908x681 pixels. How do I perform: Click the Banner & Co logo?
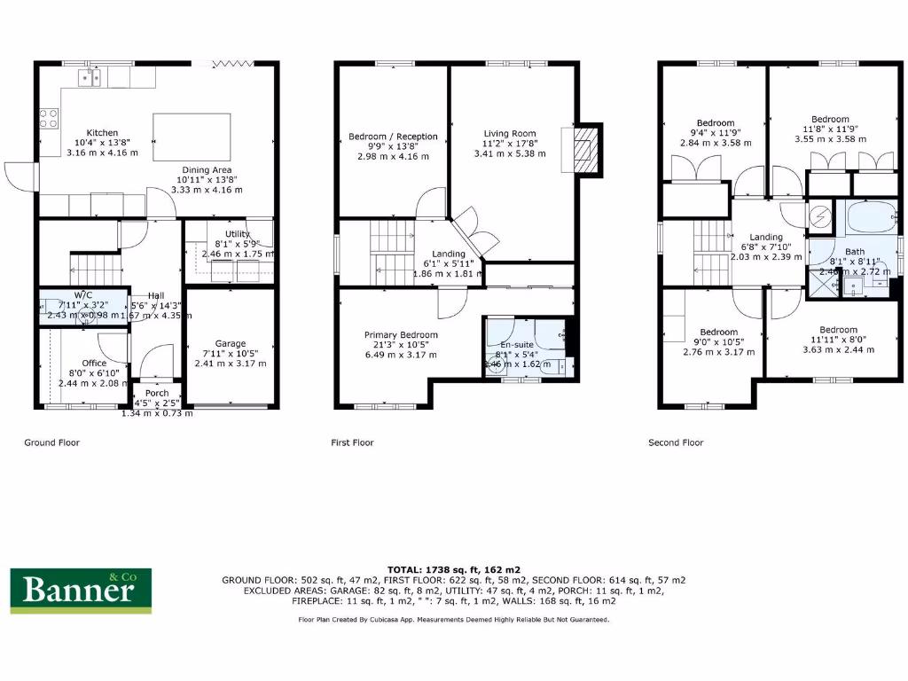click(81, 591)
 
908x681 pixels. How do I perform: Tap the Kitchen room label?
click(102, 133)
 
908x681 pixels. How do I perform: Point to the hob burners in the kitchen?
click(48, 118)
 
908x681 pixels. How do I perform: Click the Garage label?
click(231, 344)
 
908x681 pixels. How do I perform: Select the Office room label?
click(94, 363)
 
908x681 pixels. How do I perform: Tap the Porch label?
click(157, 393)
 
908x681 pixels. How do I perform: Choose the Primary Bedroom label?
click(401, 335)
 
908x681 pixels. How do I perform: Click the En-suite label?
click(516, 345)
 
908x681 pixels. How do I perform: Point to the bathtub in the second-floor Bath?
click(868, 218)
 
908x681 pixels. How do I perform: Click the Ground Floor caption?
click(51, 442)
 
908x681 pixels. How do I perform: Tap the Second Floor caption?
click(676, 442)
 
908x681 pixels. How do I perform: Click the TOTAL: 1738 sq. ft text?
click(453, 568)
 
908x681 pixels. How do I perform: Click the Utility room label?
click(238, 234)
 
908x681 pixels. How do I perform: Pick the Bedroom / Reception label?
click(393, 137)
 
